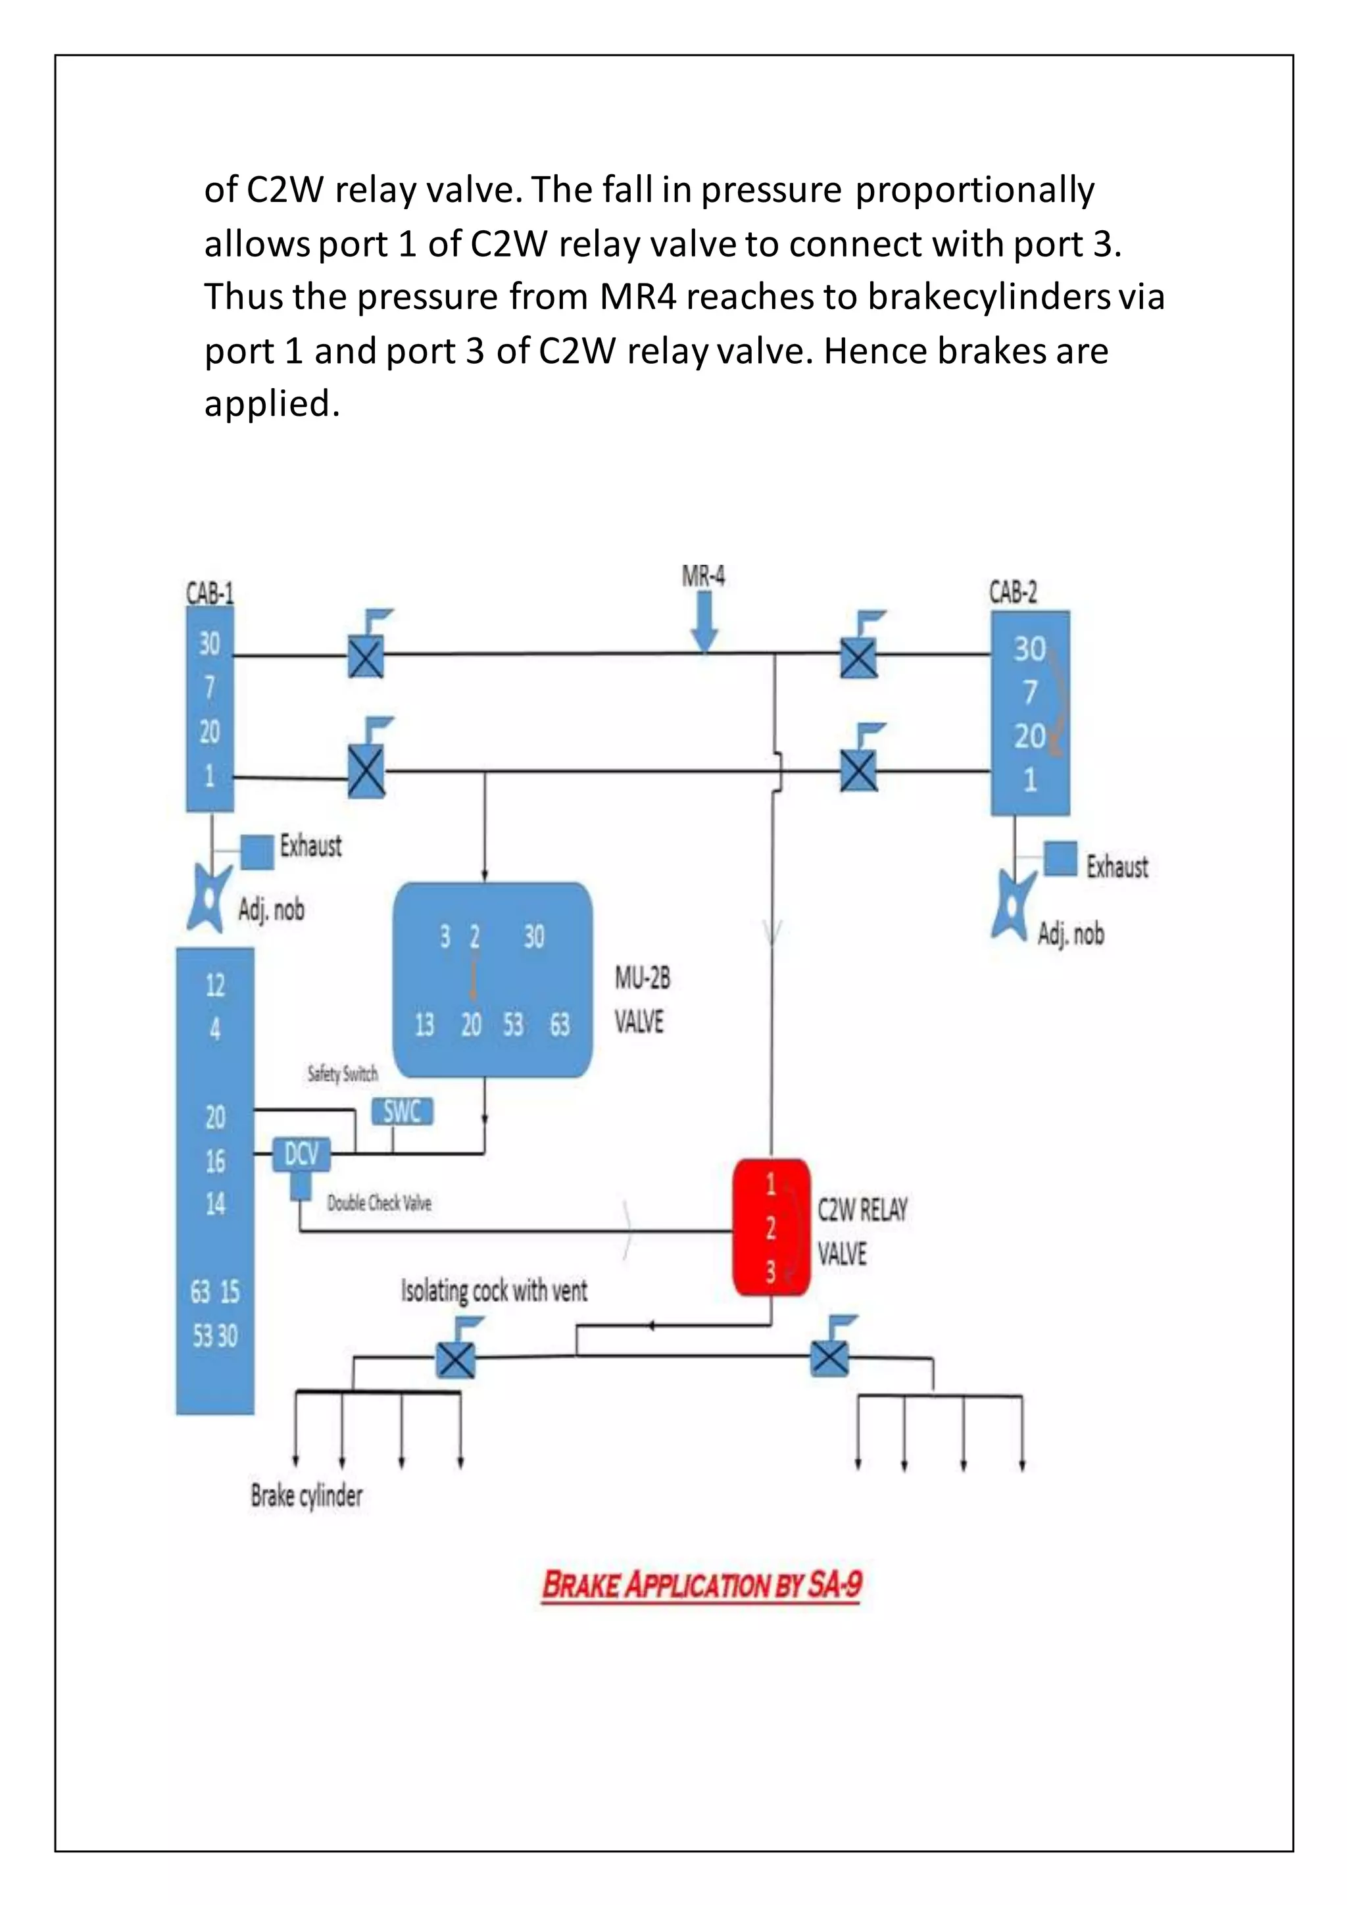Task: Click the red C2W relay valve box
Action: coord(771,1227)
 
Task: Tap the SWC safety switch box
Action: coord(403,1111)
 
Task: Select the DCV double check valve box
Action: coord(301,1154)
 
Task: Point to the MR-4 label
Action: coord(703,576)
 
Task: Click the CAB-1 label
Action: coord(210,593)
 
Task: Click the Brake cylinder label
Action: coord(307,1495)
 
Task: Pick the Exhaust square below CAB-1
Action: coord(257,851)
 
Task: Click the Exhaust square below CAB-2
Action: coord(1060,858)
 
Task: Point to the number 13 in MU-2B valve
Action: coord(425,1026)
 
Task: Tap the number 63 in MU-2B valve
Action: coord(560,1026)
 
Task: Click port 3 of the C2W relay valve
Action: coord(771,1272)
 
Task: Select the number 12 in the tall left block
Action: coord(215,985)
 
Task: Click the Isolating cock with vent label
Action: coord(495,1291)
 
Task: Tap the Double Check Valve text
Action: coord(379,1203)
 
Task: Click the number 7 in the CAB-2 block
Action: coord(1029,692)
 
